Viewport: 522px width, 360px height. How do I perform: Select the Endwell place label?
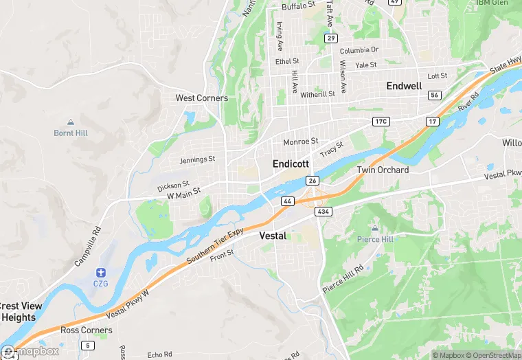(x=404, y=86)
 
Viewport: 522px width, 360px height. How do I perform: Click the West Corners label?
(x=201, y=98)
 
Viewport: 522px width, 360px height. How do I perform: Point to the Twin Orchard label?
(x=383, y=170)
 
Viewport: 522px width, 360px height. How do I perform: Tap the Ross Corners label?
(x=86, y=330)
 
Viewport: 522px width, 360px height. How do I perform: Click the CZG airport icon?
(x=101, y=273)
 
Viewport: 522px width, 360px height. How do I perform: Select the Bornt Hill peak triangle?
(x=70, y=121)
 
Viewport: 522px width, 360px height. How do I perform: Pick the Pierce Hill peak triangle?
(x=374, y=227)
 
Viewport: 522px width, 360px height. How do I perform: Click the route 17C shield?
(x=381, y=122)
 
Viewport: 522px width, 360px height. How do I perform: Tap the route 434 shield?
(x=324, y=212)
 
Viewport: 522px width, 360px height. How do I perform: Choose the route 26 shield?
(x=313, y=181)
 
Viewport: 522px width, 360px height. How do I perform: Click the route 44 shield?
(x=287, y=201)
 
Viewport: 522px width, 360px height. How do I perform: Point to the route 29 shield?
(x=331, y=38)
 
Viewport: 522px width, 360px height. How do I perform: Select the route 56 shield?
(x=434, y=95)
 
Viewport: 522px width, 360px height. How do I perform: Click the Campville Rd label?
(x=88, y=247)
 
